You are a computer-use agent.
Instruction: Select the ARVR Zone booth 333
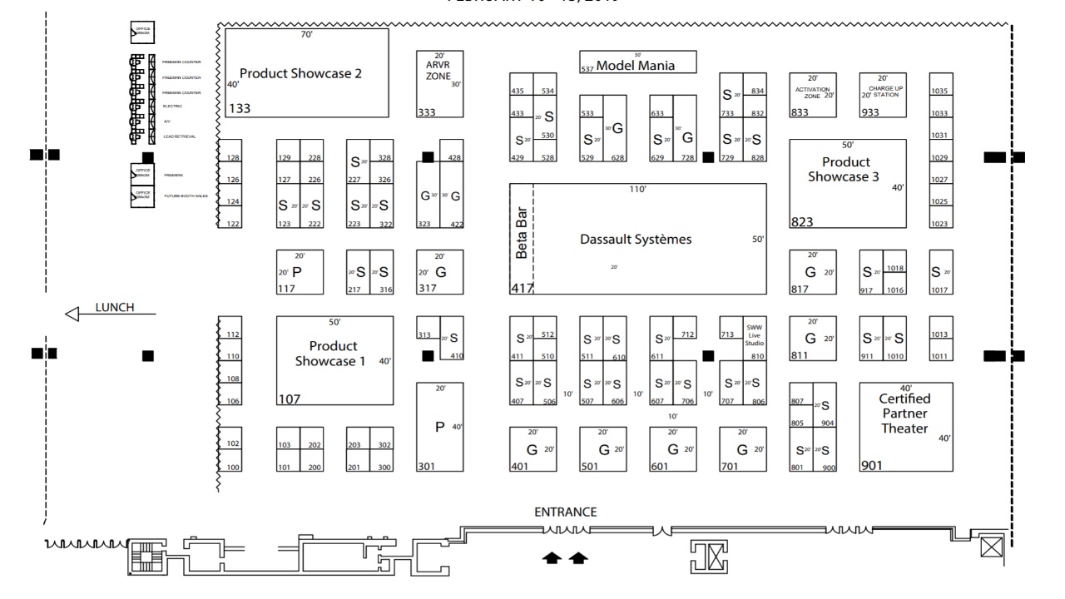tap(438, 84)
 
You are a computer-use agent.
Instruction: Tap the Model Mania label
tap(636, 66)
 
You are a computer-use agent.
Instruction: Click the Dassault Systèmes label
tap(636, 240)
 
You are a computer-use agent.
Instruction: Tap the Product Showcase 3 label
tap(846, 170)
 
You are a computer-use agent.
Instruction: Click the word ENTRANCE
tap(566, 512)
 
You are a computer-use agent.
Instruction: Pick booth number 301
tap(439, 426)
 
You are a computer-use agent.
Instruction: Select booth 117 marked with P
tap(300, 271)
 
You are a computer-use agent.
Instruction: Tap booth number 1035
tap(940, 90)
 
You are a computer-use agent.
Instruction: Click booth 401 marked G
tap(532, 449)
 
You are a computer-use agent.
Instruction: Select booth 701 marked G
tap(742, 449)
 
